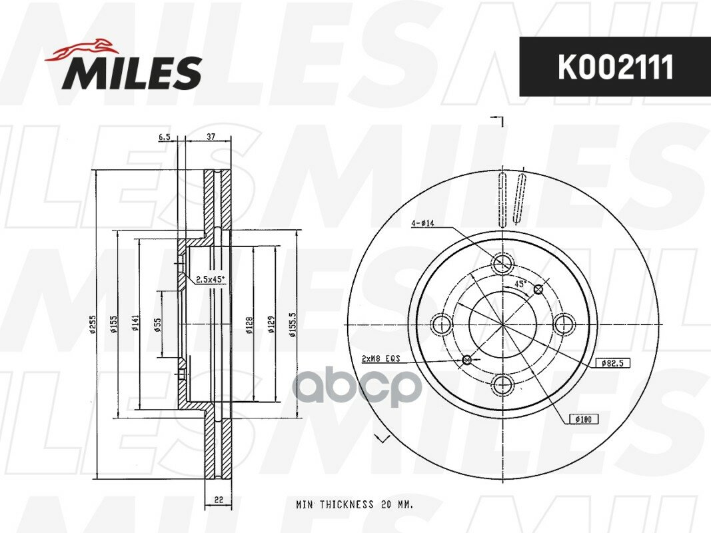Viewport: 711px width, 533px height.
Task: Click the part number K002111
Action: pyautogui.click(x=615, y=67)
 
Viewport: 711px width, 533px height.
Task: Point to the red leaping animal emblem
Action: pyautogui.click(x=82, y=50)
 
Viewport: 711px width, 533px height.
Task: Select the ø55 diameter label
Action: pyautogui.click(x=158, y=324)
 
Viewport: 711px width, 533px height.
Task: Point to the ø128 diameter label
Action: pyautogui.click(x=249, y=324)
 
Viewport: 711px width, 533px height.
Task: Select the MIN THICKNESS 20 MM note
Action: pyautogui.click(x=355, y=505)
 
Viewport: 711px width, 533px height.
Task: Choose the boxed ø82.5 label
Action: pyautogui.click(x=612, y=363)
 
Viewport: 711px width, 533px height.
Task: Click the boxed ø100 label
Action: pyautogui.click(x=583, y=419)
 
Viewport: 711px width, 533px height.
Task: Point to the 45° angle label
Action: pyautogui.click(x=519, y=284)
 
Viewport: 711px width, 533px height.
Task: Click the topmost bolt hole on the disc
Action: pyautogui.click(x=502, y=264)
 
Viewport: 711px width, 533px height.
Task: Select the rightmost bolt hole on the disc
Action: pyautogui.click(x=564, y=324)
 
